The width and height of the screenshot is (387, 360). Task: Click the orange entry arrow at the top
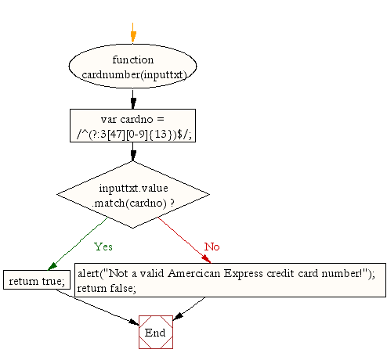[x=133, y=33]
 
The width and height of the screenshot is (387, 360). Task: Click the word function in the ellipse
[x=133, y=59]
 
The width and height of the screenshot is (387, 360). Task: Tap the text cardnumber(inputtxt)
[x=134, y=75]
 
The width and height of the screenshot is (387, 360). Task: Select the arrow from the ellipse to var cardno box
[x=133, y=99]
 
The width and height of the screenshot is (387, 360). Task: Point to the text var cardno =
[x=132, y=119]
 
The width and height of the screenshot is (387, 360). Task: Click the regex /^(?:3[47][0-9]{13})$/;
[x=134, y=134]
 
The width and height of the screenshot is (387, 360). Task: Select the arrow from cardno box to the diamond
[x=133, y=152]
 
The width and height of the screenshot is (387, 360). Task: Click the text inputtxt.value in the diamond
[x=133, y=188]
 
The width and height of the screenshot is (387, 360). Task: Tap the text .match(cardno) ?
[x=133, y=203]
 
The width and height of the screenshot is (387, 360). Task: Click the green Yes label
[x=103, y=247]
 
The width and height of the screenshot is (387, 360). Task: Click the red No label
[x=212, y=247]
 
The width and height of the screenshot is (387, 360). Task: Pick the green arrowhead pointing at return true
[x=52, y=266]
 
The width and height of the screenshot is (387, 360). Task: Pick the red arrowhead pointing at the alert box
[x=206, y=259]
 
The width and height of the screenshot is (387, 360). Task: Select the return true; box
[x=37, y=280]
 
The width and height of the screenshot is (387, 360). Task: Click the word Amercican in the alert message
[x=194, y=273]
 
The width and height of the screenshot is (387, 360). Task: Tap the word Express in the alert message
[x=244, y=274]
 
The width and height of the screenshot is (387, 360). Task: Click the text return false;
[x=107, y=288]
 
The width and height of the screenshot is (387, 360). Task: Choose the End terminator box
[x=156, y=332]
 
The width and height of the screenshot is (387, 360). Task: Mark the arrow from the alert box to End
[x=189, y=308]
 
